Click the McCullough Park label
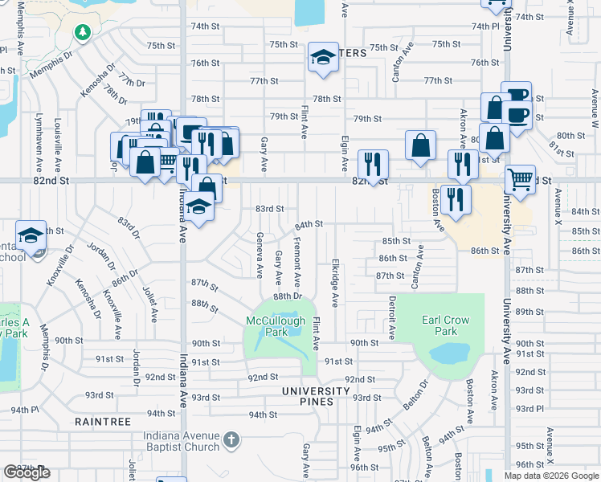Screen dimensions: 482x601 pyautogui.click(x=276, y=326)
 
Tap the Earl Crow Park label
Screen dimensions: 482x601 pyautogui.click(x=445, y=325)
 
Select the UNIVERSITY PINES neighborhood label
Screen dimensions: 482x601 pyautogui.click(x=315, y=391)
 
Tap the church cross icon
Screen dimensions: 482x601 pyautogui.click(x=231, y=440)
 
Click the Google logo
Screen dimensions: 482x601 pyautogui.click(x=27, y=472)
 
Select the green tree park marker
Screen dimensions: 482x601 pyautogui.click(x=82, y=32)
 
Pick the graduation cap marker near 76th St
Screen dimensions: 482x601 pyautogui.click(x=323, y=58)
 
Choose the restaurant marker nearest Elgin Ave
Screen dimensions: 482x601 pyautogui.click(x=372, y=164)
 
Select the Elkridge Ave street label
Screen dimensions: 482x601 pyautogui.click(x=334, y=282)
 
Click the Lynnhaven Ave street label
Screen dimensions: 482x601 pyautogui.click(x=39, y=147)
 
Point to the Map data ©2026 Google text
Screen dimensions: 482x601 pyautogui.click(x=550, y=476)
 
